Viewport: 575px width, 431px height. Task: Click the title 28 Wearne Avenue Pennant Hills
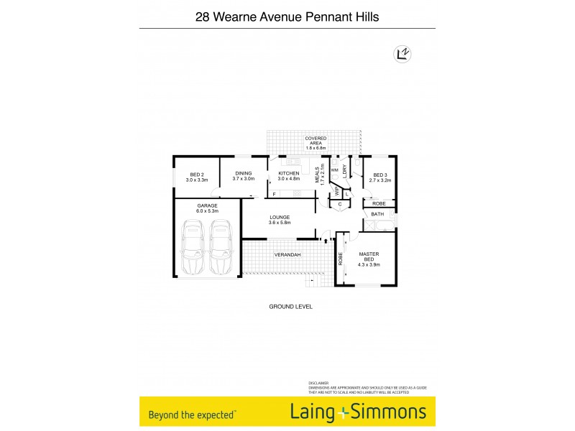[x=287, y=16]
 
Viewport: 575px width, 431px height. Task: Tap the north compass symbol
[x=403, y=52]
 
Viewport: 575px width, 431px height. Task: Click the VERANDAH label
[x=287, y=255]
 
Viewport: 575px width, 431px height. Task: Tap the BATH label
[x=378, y=214]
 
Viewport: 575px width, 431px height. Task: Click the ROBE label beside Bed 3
[x=379, y=204]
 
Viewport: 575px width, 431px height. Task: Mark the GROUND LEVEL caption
[x=290, y=307]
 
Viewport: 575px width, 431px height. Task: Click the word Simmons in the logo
[x=389, y=412]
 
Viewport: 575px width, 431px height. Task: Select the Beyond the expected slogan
[x=193, y=414]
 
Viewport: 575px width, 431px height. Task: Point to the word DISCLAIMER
[x=318, y=383]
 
